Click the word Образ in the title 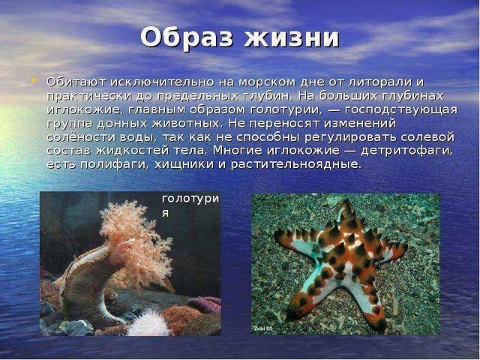point(187,38)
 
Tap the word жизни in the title point(292,38)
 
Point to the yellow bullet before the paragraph point(34,80)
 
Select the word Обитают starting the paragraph point(76,82)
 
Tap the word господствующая point(401,110)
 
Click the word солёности point(80,137)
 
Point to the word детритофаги point(406,151)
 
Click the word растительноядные point(296,165)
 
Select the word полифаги point(115,165)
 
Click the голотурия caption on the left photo point(190,205)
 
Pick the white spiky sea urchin point(147,323)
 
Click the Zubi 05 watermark point(262,329)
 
